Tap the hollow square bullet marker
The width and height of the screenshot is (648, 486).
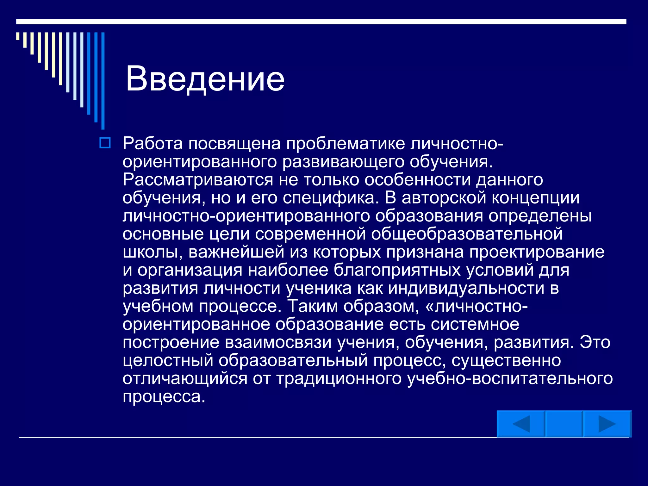105,143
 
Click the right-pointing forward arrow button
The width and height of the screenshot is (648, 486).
607,424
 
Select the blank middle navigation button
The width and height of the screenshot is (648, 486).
564,424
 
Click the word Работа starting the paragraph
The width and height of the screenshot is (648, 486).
153,143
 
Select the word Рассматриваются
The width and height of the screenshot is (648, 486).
197,180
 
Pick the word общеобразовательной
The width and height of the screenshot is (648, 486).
467,234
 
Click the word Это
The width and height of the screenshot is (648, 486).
595,342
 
